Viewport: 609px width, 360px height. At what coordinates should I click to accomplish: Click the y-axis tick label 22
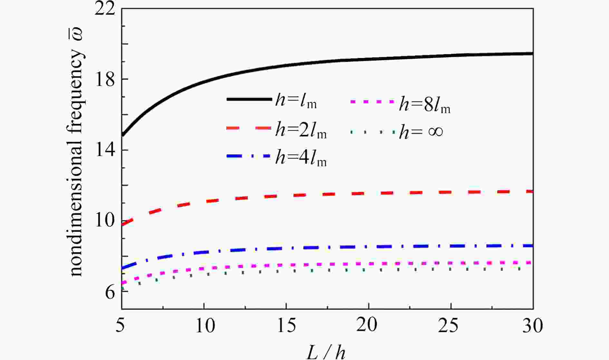tap(104, 10)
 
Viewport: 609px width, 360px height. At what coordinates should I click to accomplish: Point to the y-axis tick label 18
tap(104, 79)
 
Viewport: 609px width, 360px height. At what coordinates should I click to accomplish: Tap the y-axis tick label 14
tap(104, 150)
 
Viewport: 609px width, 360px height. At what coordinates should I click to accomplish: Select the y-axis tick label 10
tap(104, 221)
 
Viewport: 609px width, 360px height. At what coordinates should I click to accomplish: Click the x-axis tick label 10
tap(205, 326)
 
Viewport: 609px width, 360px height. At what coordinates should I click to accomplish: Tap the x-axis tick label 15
tap(286, 326)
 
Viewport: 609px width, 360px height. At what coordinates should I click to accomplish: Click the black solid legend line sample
tap(249, 99)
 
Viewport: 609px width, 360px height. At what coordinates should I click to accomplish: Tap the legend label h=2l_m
tap(301, 131)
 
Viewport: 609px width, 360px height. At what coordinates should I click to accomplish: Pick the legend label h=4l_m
tap(301, 158)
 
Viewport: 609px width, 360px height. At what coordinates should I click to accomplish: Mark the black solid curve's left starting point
tap(122, 135)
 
